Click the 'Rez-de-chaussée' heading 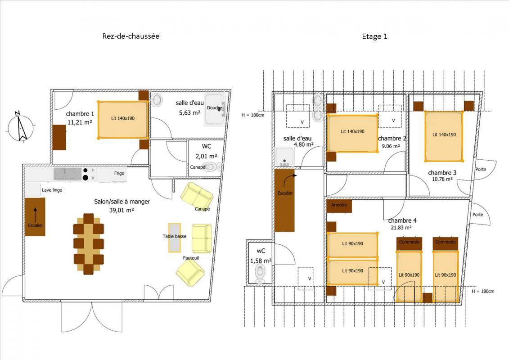point(131,36)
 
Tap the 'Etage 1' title point(374,36)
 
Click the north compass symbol point(20,126)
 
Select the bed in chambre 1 point(123,120)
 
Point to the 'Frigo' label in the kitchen point(119,173)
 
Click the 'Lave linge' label point(52,190)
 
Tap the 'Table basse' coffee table point(175,238)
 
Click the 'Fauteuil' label point(191,258)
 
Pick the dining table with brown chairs point(89,244)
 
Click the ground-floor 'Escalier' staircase point(35,216)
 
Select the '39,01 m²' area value point(122,210)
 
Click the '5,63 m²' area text point(189,112)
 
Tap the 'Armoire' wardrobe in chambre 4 point(339,206)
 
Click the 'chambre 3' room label point(442,173)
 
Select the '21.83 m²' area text point(401,228)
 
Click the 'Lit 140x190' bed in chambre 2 point(353,133)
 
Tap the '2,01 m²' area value point(206,156)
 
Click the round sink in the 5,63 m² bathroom point(158,100)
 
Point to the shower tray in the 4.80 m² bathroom point(285,157)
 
